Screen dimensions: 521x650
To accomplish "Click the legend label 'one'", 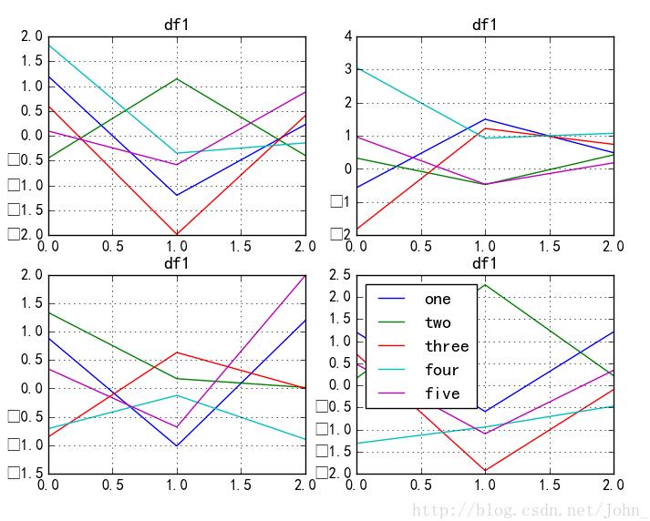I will [x=438, y=299].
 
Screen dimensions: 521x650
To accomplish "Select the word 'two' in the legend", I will [x=438, y=322].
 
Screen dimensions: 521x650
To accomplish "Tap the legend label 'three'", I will [x=446, y=346].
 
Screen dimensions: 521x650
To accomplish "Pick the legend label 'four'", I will [x=441, y=370].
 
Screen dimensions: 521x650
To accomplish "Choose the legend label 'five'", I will [x=441, y=393].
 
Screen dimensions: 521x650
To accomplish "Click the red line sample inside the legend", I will [x=393, y=346].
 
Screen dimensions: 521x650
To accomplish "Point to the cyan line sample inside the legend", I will [x=393, y=370].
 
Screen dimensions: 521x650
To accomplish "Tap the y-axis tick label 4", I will [x=347, y=36].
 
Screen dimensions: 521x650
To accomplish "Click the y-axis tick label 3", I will [x=347, y=69].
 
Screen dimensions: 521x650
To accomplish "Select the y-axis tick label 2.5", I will [x=340, y=274].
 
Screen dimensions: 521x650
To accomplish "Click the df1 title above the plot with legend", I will [x=484, y=263].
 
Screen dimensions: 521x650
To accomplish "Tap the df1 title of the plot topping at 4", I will [x=484, y=25].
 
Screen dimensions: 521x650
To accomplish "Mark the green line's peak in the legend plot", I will [x=485, y=284].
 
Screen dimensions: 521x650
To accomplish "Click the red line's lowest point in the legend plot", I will [x=485, y=470].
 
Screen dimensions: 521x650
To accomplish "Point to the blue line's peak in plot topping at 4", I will [x=485, y=118].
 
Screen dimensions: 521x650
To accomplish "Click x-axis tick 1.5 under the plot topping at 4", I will [x=549, y=245].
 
